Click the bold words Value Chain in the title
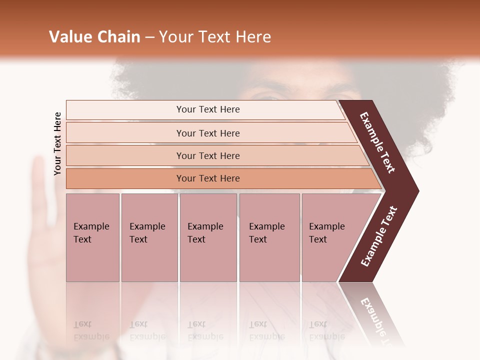[94, 37]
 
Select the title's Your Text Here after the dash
[215, 37]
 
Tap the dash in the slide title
[149, 37]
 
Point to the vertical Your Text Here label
[57, 143]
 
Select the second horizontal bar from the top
[208, 133]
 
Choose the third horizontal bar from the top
[208, 155]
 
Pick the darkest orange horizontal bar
[208, 178]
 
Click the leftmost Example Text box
[92, 237]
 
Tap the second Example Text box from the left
[149, 237]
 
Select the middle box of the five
[208, 237]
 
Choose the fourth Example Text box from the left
[269, 237]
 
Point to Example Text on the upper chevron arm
[377, 142]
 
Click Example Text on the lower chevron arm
[379, 236]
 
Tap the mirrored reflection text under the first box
[91, 330]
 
